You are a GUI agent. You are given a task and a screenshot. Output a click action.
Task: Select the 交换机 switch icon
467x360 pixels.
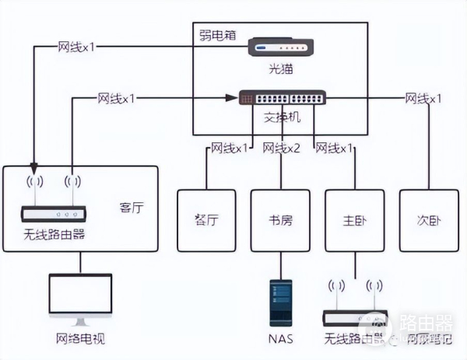tap(283, 98)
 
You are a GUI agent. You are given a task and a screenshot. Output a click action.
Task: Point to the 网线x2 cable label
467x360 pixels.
tap(282, 148)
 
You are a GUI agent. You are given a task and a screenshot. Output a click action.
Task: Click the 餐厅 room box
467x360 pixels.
tap(208, 219)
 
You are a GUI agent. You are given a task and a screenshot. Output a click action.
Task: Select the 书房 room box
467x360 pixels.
tap(281, 219)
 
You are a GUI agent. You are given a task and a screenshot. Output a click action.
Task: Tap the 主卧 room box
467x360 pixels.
tap(355, 219)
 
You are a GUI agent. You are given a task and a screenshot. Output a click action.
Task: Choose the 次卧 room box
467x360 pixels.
tap(429, 219)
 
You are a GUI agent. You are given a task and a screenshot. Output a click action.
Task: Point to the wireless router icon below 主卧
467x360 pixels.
tap(355, 316)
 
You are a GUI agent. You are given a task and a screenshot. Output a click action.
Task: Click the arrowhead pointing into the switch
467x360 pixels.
tap(232, 98)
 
